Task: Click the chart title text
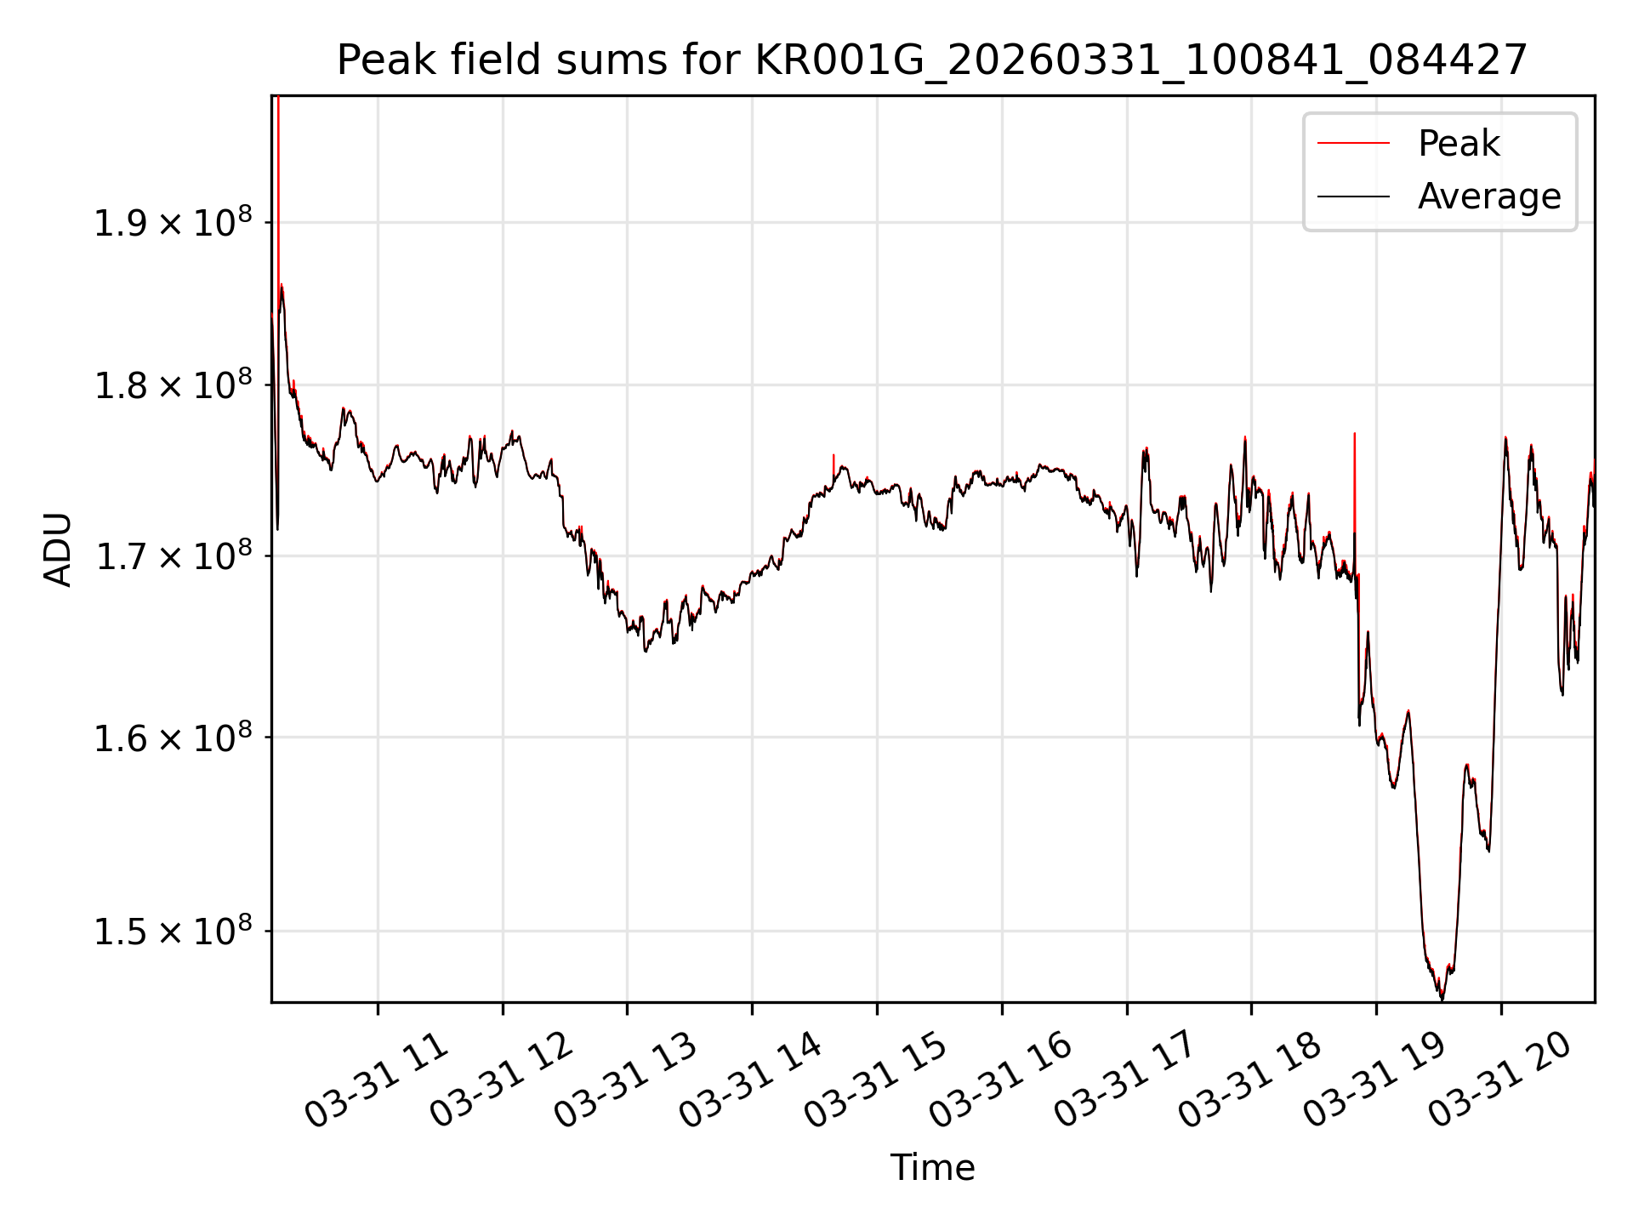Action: [x=932, y=60]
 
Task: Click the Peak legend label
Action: [x=1459, y=144]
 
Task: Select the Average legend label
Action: [x=1489, y=197]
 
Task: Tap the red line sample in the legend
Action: [x=1353, y=144]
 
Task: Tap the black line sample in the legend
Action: [x=1353, y=197]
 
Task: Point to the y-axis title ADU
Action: [x=58, y=550]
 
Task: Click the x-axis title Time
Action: [x=932, y=1168]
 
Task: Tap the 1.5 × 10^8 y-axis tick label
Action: [x=173, y=930]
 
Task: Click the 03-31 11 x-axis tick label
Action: [x=376, y=1080]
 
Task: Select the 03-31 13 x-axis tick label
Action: [x=626, y=1080]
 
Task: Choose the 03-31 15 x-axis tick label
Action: [x=876, y=1080]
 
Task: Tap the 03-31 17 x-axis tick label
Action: [x=1126, y=1080]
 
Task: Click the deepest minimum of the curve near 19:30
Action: [x=1442, y=998]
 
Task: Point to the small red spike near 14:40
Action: [x=834, y=466]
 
